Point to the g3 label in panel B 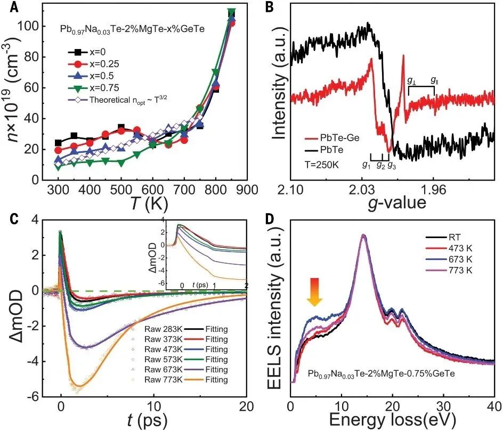(x=392, y=165)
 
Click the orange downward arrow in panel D (x=314, y=292)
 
